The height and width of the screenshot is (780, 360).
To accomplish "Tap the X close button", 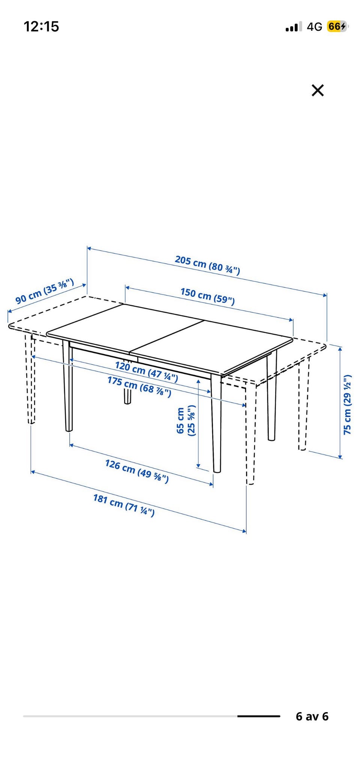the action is click(x=318, y=90).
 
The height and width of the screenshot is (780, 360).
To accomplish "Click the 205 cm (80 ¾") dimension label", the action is click(x=207, y=265).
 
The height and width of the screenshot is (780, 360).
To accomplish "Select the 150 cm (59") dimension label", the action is click(x=207, y=296).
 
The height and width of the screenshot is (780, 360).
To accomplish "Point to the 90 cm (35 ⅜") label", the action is click(x=45, y=291).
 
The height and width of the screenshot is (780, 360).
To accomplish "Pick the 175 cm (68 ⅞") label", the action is click(x=139, y=387).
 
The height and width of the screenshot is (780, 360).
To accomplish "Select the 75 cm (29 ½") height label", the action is click(x=348, y=404).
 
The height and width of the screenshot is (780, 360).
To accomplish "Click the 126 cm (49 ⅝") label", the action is click(x=137, y=471).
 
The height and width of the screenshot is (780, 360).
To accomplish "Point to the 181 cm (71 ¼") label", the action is click(x=124, y=505).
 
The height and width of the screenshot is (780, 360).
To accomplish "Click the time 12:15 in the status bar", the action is click(x=41, y=26).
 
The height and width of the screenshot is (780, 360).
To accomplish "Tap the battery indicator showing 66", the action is click(x=337, y=26).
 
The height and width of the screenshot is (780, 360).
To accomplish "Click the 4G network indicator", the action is click(x=314, y=26).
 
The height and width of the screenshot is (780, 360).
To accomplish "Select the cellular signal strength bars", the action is click(x=293, y=27).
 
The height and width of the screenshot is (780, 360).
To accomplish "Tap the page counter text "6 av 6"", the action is click(x=312, y=716).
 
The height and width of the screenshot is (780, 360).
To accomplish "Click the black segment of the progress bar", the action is click(x=259, y=716).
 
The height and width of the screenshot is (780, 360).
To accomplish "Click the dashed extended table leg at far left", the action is click(x=30, y=379).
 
